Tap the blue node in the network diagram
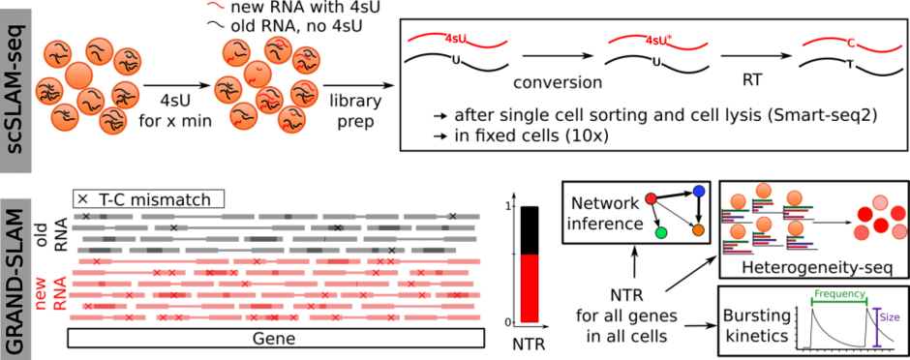click(699, 192)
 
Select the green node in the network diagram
click(660, 233)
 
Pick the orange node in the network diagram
click(698, 230)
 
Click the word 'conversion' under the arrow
click(558, 83)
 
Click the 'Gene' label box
click(276, 339)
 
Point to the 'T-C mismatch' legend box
click(148, 199)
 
